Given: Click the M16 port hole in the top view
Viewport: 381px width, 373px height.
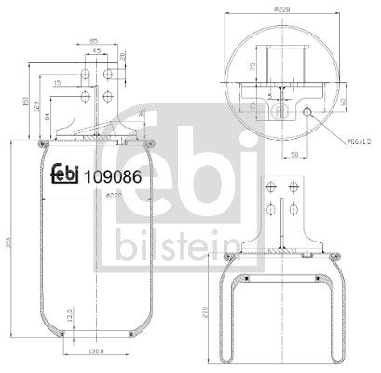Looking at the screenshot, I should click(x=308, y=113).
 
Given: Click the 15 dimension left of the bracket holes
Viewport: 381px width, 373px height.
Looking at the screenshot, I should click(x=58, y=86).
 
